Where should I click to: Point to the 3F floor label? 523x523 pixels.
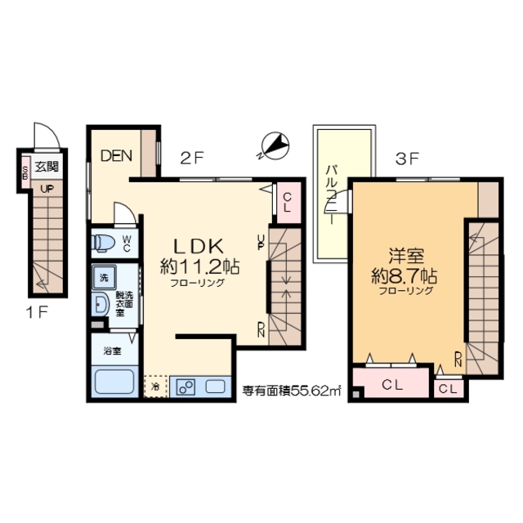coord(407,159)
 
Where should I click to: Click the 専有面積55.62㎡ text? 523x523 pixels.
coord(290,391)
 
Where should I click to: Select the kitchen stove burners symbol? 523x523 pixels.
coord(183,387)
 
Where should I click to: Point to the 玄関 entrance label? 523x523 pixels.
coord(47,167)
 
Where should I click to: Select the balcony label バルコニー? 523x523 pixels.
coord(332,197)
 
